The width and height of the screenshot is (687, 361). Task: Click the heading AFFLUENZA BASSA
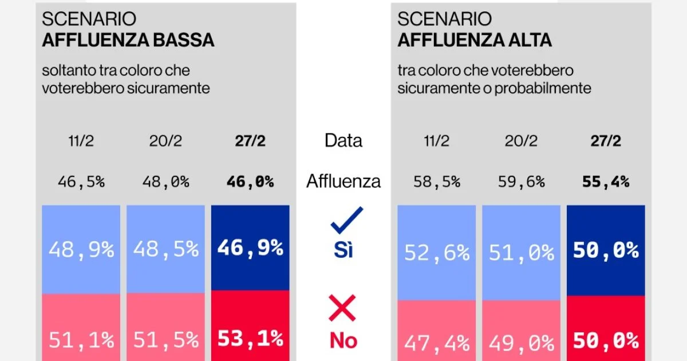click(x=128, y=40)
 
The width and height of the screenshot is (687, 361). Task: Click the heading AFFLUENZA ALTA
click(x=475, y=40)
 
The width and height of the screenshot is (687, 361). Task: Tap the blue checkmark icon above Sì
click(x=346, y=221)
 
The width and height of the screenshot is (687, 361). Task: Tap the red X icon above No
click(x=342, y=308)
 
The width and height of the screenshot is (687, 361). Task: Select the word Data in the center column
click(x=343, y=140)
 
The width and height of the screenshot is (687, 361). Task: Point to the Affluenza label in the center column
click(x=343, y=182)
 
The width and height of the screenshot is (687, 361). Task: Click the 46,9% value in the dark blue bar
click(x=250, y=248)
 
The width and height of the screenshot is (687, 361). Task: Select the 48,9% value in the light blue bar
click(x=81, y=249)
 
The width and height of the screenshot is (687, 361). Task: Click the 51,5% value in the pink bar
click(x=166, y=340)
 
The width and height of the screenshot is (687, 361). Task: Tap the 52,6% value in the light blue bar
click(x=437, y=252)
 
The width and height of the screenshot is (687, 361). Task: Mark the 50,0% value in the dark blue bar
click(x=606, y=251)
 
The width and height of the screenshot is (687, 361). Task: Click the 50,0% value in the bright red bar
click(x=606, y=342)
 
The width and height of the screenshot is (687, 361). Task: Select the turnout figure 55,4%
click(x=606, y=182)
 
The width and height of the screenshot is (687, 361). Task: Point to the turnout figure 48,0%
click(x=166, y=182)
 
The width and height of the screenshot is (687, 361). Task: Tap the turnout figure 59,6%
click(x=521, y=182)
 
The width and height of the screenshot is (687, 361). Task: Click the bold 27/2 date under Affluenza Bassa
click(x=250, y=141)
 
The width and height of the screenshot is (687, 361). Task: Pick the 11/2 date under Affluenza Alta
click(x=437, y=141)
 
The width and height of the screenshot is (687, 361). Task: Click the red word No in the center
click(x=343, y=341)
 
